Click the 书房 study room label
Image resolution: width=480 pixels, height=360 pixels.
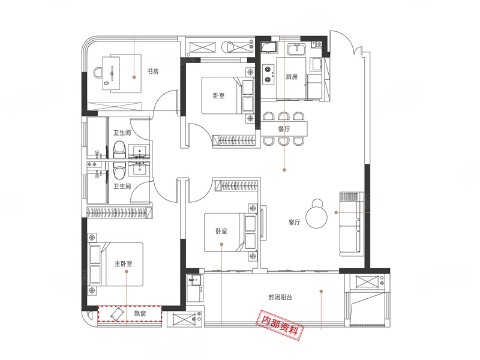153,71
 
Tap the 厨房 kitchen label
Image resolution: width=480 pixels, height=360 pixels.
292,77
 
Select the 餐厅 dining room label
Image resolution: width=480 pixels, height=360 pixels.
284,129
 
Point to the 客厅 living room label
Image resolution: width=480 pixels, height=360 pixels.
294,222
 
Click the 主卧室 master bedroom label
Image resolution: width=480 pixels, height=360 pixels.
124,263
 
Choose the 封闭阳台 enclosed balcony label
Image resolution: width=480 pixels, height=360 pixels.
280,297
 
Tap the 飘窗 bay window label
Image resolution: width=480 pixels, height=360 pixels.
140,313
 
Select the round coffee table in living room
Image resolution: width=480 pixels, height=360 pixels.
317,214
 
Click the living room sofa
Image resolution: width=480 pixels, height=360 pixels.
352,224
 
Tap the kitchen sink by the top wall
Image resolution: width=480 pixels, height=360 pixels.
296,49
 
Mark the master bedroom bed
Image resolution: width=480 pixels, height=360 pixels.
116,265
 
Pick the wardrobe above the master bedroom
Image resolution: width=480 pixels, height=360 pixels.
119,212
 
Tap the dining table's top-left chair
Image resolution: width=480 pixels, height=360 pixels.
269,116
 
